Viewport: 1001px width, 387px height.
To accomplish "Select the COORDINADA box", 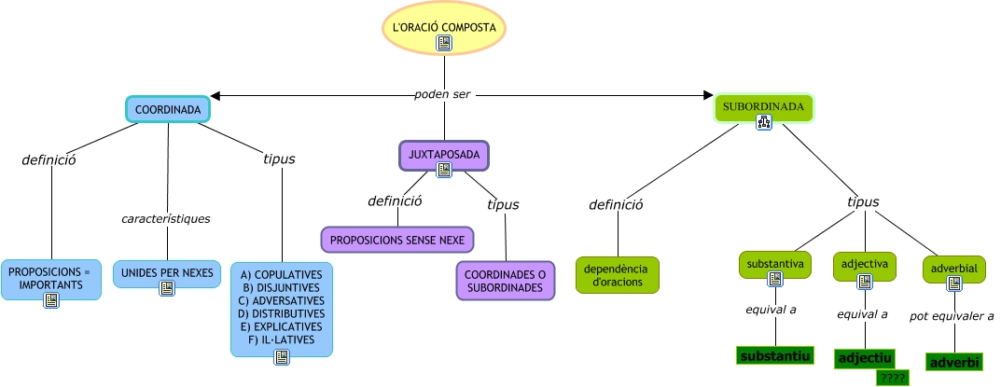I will tap(168, 110).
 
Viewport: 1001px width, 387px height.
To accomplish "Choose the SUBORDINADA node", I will tap(763, 106).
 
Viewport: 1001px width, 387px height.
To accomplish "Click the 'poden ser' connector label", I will tap(444, 95).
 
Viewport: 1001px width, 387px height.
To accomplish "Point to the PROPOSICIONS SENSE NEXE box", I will tap(397, 239).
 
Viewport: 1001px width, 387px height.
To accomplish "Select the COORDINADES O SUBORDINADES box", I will tap(506, 281).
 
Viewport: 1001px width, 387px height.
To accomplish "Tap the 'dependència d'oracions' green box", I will tap(617, 275).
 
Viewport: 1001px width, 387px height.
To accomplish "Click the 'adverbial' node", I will tap(954, 269).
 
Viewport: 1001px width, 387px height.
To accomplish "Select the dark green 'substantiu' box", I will tap(775, 356).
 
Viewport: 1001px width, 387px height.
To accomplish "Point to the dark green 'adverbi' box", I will tap(954, 361).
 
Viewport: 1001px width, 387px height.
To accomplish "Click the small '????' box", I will tap(893, 378).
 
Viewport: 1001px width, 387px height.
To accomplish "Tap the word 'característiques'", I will tap(166, 219).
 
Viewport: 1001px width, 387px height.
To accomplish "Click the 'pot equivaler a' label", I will tap(952, 316).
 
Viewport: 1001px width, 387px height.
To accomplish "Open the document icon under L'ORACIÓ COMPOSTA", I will tap(444, 43).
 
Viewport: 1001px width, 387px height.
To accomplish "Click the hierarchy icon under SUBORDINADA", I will tap(763, 122).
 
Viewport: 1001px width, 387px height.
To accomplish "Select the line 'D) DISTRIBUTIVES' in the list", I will tap(281, 314).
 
